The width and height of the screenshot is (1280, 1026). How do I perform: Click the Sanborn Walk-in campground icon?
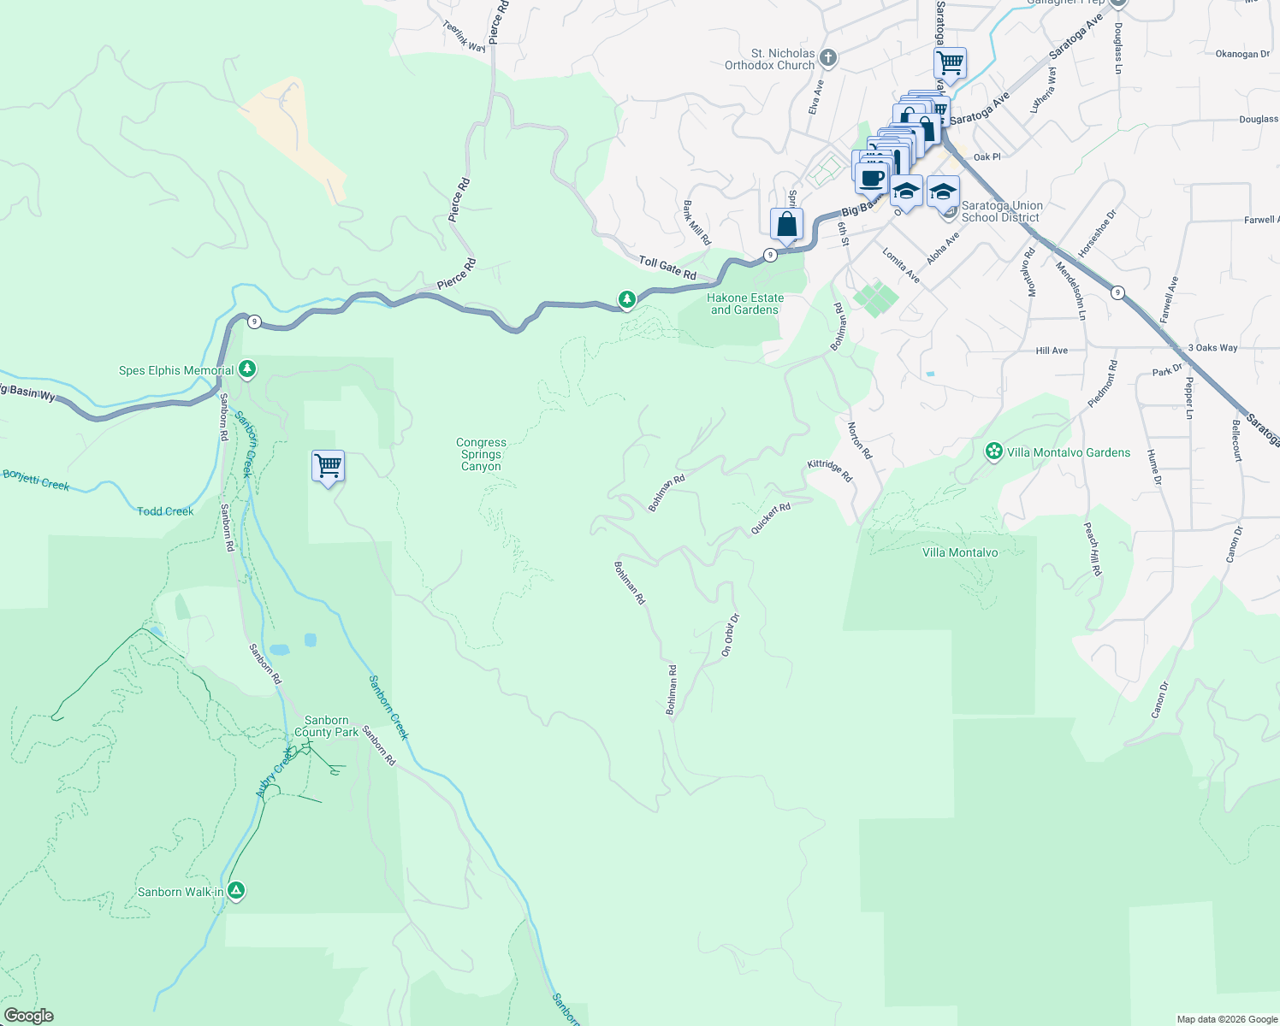pyautogui.click(x=236, y=891)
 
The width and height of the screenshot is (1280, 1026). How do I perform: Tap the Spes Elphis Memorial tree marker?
pyautogui.click(x=247, y=369)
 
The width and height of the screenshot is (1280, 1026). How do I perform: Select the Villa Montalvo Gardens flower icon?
pyautogui.click(x=993, y=451)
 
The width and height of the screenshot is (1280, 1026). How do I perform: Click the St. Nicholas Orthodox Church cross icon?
pyautogui.click(x=827, y=58)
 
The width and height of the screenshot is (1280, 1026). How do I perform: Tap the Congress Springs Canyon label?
pyautogui.click(x=481, y=455)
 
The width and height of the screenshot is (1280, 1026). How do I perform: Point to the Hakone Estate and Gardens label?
pyautogui.click(x=745, y=304)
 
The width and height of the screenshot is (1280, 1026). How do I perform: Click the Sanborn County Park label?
pyautogui.click(x=326, y=726)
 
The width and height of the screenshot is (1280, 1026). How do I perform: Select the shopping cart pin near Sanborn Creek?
pyautogui.click(x=328, y=467)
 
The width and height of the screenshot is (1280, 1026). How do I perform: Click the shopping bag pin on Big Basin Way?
pyautogui.click(x=786, y=225)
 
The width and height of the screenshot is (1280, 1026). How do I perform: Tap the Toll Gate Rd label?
pyautogui.click(x=667, y=268)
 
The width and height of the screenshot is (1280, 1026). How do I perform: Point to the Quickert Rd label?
pyautogui.click(x=770, y=519)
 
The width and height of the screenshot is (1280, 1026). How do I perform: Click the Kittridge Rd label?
pyautogui.click(x=830, y=469)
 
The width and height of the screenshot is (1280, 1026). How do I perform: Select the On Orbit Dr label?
pyautogui.click(x=729, y=635)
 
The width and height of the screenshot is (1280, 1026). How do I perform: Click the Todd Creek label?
pyautogui.click(x=165, y=511)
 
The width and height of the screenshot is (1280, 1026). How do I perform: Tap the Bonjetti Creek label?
pyautogui.click(x=35, y=480)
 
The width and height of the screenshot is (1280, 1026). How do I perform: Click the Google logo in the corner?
pyautogui.click(x=28, y=1016)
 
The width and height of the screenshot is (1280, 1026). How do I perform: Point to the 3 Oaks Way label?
pyautogui.click(x=1212, y=348)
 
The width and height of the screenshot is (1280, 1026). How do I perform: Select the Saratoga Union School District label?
pyautogui.click(x=1001, y=211)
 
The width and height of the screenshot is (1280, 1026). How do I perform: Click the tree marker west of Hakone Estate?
pyautogui.click(x=627, y=299)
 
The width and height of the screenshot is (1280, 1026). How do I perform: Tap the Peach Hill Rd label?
pyautogui.click(x=1093, y=549)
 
